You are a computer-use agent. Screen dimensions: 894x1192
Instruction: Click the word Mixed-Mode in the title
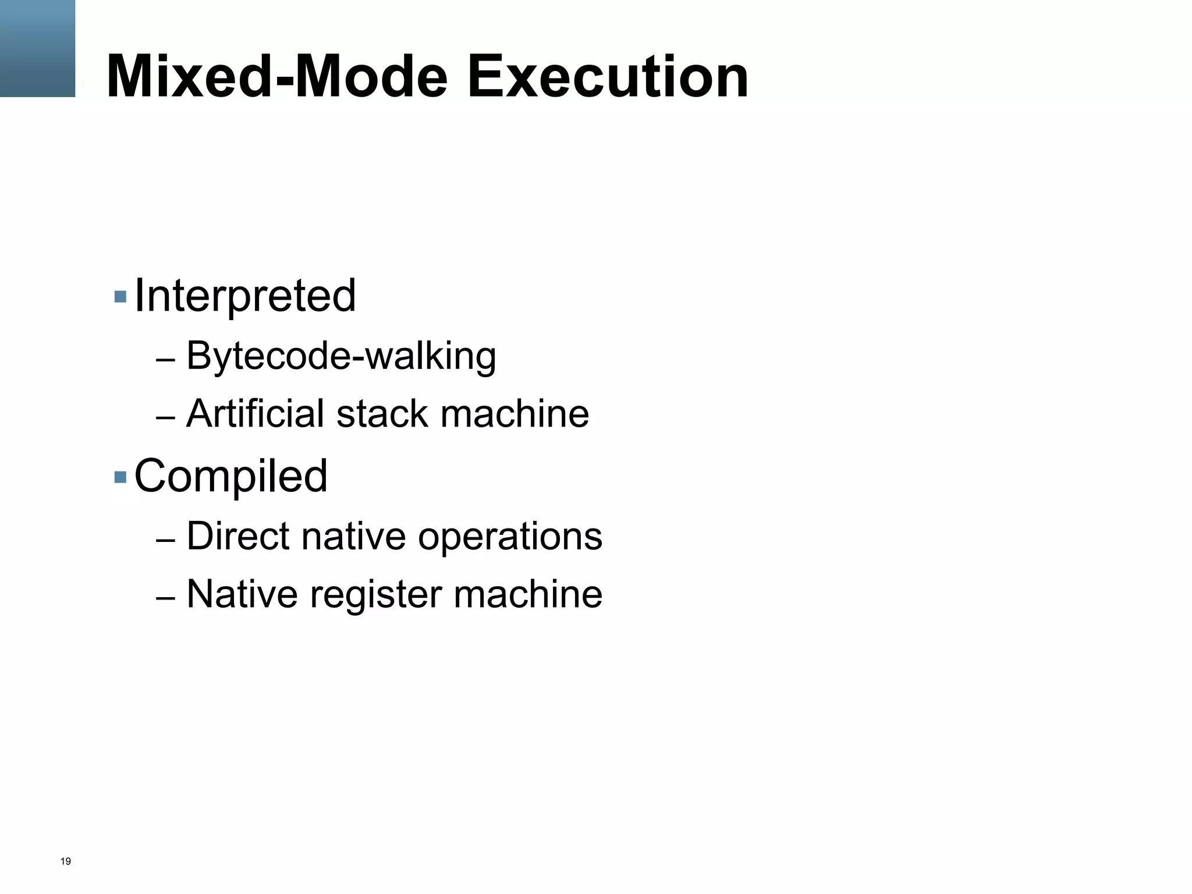tap(276, 77)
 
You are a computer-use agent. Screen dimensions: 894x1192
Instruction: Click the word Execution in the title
tap(608, 77)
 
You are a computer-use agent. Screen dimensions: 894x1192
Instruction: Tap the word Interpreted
tap(244, 296)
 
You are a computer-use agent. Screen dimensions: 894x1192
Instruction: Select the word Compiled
tap(230, 477)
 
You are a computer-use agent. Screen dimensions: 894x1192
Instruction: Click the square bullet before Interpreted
tap(120, 297)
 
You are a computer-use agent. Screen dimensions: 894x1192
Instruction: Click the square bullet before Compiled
tap(120, 477)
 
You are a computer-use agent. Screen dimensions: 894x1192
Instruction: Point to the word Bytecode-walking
tap(341, 356)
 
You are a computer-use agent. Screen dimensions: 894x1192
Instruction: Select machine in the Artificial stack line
tap(515, 414)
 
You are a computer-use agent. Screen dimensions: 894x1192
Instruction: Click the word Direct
tap(237, 535)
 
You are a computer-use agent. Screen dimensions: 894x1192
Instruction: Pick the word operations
tap(510, 537)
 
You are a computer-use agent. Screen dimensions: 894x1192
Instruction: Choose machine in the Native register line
tap(528, 594)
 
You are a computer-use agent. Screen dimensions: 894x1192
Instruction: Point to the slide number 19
tap(66, 861)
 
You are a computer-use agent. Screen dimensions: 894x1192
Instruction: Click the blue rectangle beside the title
tap(37, 48)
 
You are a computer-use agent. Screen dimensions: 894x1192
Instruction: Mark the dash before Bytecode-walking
tap(165, 361)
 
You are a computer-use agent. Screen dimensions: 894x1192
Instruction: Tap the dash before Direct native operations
tap(165, 541)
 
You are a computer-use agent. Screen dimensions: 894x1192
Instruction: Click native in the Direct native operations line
tap(353, 535)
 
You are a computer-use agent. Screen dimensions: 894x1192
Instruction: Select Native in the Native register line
tap(242, 594)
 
